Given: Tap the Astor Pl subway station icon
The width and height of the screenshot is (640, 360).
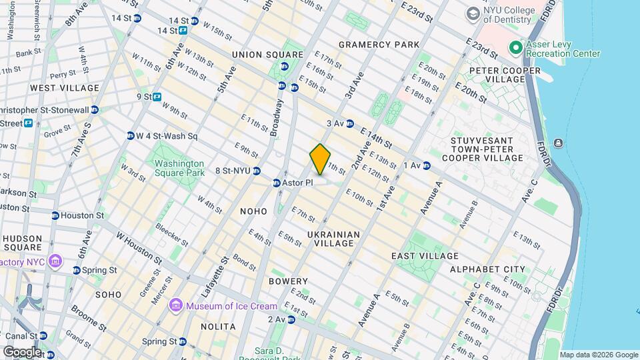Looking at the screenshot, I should tap(277, 183).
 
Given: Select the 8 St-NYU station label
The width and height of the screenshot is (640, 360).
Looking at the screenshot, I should tap(232, 171).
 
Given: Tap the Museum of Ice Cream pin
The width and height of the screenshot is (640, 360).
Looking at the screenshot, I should tap(176, 306).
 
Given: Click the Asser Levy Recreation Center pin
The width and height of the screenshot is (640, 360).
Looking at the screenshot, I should tap(515, 48).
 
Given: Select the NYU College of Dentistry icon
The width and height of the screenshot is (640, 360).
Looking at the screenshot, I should tap(473, 13).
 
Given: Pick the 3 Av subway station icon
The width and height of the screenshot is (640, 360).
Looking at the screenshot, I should tap(350, 123).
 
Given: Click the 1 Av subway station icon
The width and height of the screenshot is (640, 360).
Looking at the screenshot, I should tap(427, 165).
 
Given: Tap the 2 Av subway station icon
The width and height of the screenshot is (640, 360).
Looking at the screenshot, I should tap(291, 319).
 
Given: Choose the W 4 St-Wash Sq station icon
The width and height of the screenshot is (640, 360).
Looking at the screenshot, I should tap(130, 136).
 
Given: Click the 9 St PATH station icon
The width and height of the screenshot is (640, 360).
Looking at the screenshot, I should tap(157, 97).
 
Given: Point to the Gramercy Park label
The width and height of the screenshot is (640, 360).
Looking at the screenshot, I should tap(379, 45).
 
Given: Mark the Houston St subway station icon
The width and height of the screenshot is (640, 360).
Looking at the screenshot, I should tap(55, 215).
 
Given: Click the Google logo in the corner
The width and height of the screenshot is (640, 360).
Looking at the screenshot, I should tap(21, 351).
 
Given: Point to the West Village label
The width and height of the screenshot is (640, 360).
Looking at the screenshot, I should tap(65, 88).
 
